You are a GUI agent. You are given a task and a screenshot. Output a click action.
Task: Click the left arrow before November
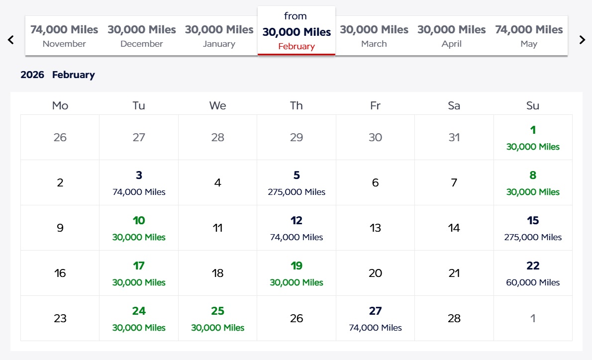pyautogui.click(x=11, y=40)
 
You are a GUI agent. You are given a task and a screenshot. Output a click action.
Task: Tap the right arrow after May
pyautogui.click(x=582, y=40)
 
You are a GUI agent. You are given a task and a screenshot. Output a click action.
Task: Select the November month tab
pyautogui.click(x=64, y=36)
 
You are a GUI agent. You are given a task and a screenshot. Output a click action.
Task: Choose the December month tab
pyautogui.click(x=142, y=36)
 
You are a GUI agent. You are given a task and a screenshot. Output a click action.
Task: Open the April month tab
pyautogui.click(x=451, y=36)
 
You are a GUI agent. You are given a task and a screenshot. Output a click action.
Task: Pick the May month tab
pyautogui.click(x=529, y=36)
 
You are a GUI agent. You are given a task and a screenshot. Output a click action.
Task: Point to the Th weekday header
pyautogui.click(x=296, y=105)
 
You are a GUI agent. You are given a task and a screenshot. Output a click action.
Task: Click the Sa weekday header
pyautogui.click(x=454, y=105)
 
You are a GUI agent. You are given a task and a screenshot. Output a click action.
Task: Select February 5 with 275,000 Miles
pyautogui.click(x=296, y=182)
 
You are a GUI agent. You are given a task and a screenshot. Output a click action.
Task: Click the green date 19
pyautogui.click(x=296, y=273)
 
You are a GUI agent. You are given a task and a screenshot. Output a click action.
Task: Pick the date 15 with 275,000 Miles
pyautogui.click(x=533, y=228)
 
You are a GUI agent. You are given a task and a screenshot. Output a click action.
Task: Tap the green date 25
pyautogui.click(x=218, y=318)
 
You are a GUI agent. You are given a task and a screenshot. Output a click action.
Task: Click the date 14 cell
pyautogui.click(x=454, y=228)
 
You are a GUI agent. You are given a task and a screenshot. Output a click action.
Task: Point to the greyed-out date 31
pyautogui.click(x=454, y=137)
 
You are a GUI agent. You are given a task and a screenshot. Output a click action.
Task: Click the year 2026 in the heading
pyautogui.click(x=32, y=75)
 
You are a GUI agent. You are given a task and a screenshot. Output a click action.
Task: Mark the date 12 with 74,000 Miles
pyautogui.click(x=296, y=228)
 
